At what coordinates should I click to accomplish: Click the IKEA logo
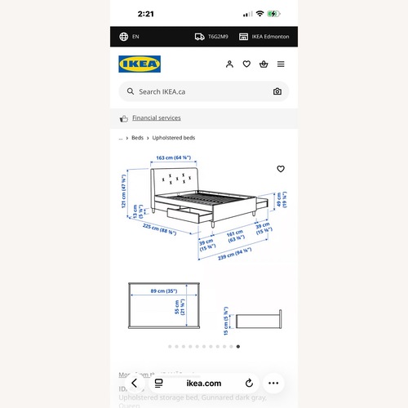point(139,64)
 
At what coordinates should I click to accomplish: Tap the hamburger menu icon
point(281,64)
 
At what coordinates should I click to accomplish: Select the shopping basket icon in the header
point(264,64)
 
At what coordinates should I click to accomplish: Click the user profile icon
point(230,64)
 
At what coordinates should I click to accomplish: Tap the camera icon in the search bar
point(277,92)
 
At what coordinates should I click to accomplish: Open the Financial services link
point(157,118)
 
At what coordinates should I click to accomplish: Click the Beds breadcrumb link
point(137,138)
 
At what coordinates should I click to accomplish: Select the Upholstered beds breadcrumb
point(174,138)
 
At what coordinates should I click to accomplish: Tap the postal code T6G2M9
point(218,37)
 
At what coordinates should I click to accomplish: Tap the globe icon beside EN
point(124,37)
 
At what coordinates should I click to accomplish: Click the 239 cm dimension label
point(233,257)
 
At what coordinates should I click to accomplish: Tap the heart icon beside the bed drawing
point(281,169)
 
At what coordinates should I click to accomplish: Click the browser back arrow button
point(133,383)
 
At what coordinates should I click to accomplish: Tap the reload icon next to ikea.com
point(249,383)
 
